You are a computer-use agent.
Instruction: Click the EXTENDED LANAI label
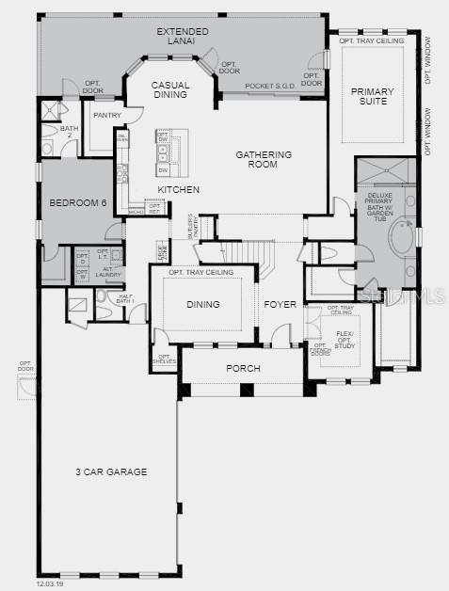tap(183, 38)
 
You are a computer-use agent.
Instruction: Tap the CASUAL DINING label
tap(171, 90)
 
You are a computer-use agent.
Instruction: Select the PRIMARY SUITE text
tap(373, 98)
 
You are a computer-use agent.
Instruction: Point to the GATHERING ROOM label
tap(264, 159)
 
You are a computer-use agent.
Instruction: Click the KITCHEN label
tap(178, 190)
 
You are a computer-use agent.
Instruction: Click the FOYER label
tap(281, 305)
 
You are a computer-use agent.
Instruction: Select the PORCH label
tap(243, 368)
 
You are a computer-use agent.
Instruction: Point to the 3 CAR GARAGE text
tap(112, 471)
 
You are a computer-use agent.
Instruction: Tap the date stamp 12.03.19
tap(49, 584)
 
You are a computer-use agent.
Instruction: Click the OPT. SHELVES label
tap(164, 359)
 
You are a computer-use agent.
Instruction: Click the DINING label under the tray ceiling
tap(203, 304)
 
